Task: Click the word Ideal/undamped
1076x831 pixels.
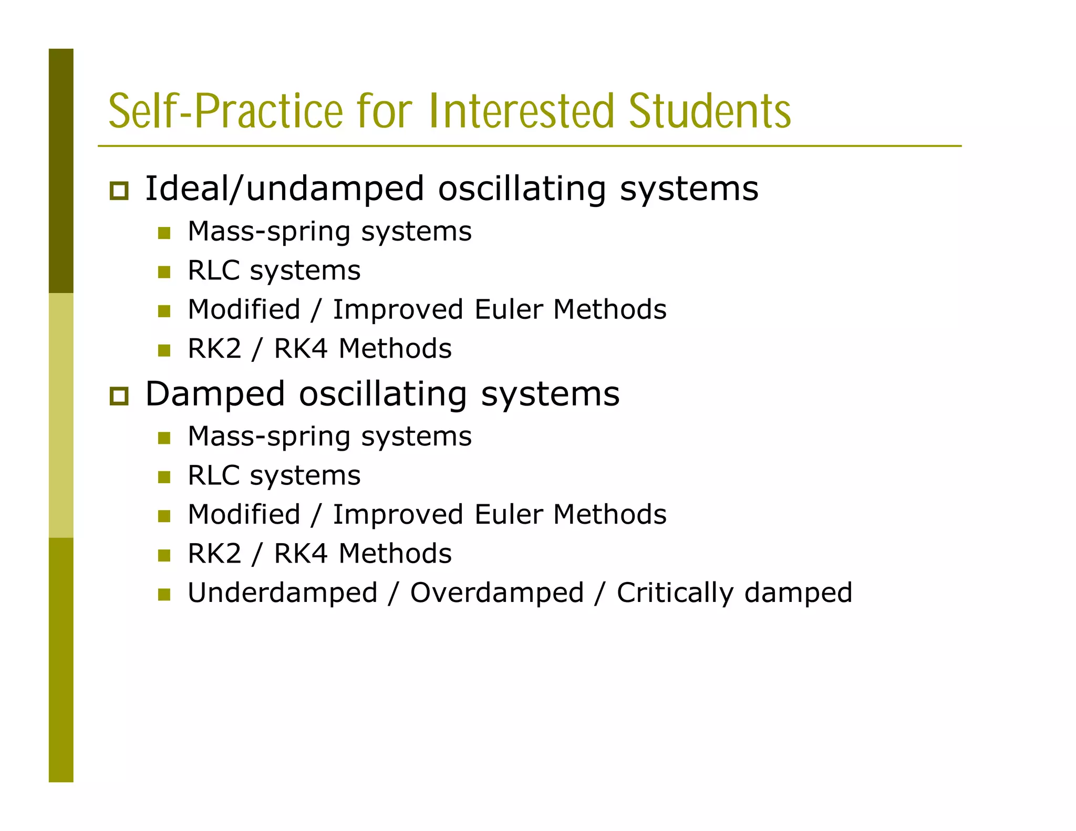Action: (284, 189)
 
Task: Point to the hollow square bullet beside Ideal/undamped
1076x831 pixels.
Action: (119, 190)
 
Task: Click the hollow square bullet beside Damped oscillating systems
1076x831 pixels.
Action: (119, 396)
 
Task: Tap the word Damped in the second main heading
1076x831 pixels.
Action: (215, 394)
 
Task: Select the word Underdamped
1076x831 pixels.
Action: (283, 593)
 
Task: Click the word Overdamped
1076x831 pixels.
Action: (496, 593)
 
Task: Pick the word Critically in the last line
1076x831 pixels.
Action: (675, 593)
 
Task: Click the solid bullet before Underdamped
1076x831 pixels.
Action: (164, 595)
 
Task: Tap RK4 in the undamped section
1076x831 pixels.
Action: (301, 348)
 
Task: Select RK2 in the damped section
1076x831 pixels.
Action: (214, 553)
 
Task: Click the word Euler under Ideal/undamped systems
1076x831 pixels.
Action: (508, 309)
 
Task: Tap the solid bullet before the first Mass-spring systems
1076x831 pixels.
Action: (164, 233)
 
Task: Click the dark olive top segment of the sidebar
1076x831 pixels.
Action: (61, 171)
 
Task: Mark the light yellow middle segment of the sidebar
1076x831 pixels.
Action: (61, 415)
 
